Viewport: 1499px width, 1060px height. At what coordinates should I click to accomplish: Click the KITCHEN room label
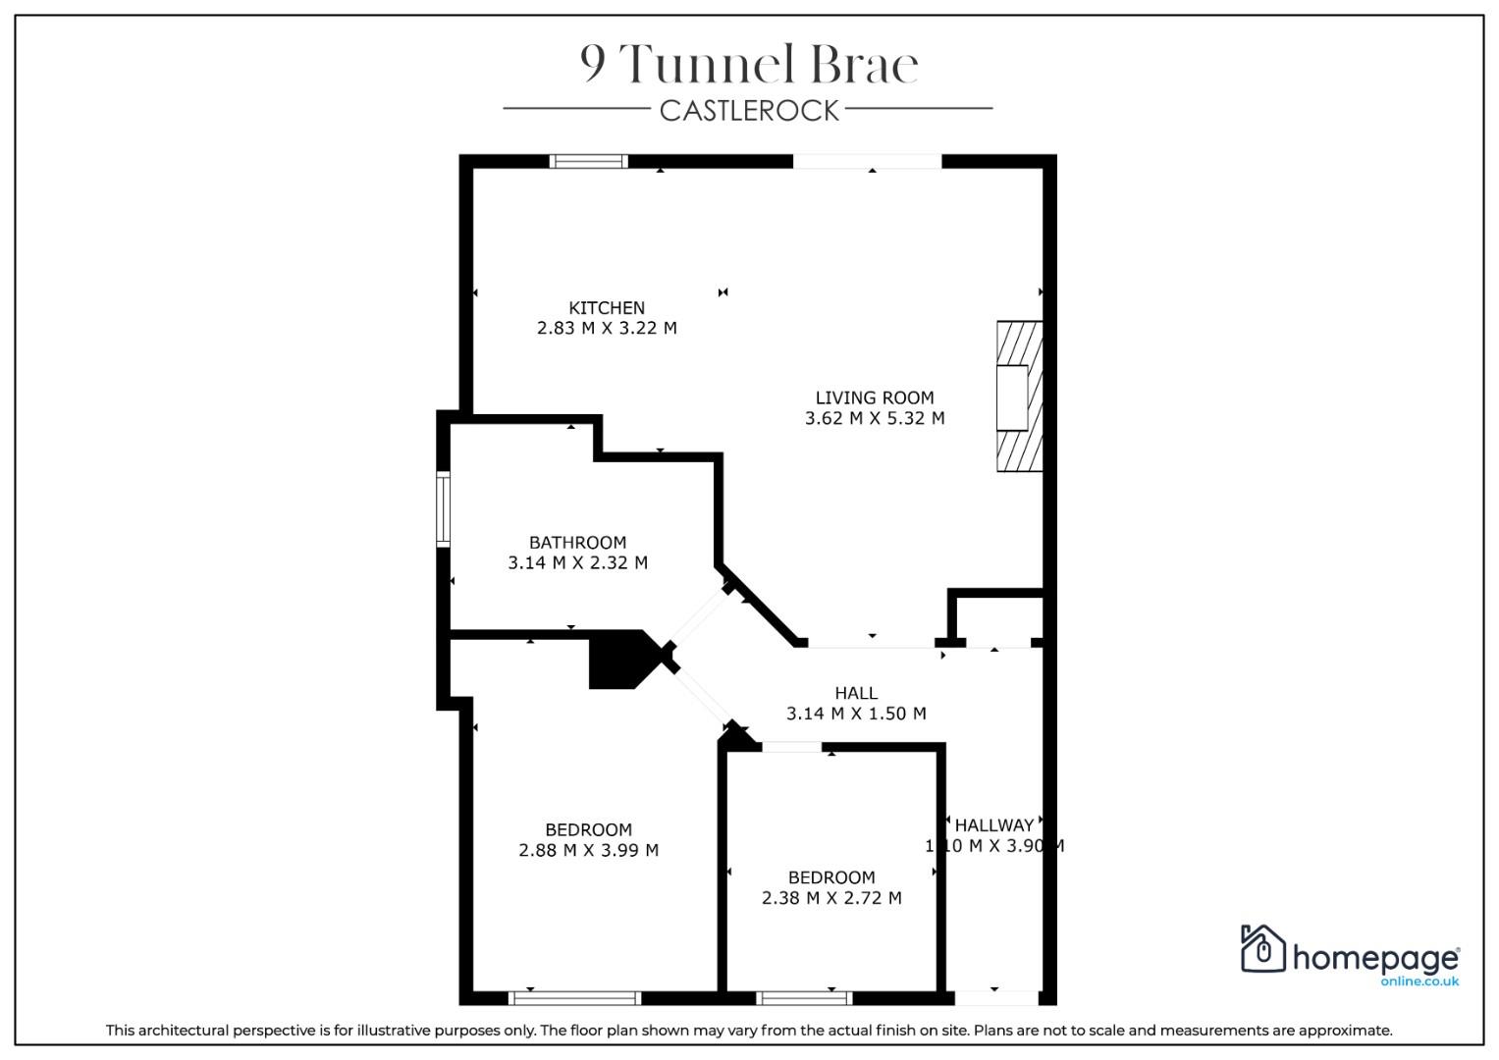coord(607,308)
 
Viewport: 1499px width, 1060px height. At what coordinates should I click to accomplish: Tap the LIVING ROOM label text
coord(874,397)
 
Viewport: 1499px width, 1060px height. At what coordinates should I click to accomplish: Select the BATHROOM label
coord(577,542)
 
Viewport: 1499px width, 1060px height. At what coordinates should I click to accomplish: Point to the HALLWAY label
coord(994,825)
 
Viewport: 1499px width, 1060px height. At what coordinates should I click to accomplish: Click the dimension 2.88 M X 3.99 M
coord(588,850)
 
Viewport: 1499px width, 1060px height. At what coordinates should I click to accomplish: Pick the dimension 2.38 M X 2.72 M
coord(831,897)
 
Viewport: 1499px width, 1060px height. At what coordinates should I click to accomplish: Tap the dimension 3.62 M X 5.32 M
coord(874,418)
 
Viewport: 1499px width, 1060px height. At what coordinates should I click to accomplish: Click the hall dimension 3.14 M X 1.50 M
coord(856,714)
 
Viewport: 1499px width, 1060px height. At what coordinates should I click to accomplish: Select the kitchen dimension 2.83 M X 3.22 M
coord(607,328)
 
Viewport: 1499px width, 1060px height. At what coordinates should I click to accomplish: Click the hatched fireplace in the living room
coord(1019,397)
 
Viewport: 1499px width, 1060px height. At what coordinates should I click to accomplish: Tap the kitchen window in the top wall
coord(588,161)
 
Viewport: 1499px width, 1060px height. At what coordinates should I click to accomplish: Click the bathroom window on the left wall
coord(443,508)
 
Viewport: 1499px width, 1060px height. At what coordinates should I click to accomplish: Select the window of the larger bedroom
coord(574,998)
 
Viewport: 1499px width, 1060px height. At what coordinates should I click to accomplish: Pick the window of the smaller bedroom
coord(804,998)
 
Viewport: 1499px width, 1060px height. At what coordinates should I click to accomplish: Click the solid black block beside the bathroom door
coord(623,660)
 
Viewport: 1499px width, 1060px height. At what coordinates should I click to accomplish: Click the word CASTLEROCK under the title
coord(749,111)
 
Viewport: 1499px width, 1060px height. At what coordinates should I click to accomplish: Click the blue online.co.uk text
coord(1419,981)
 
